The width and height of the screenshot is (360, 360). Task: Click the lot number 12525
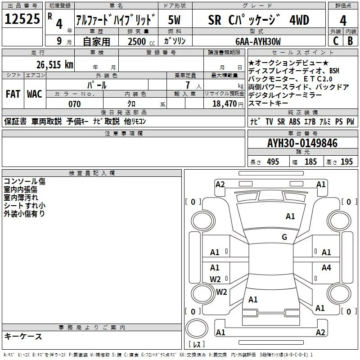click(x=22, y=18)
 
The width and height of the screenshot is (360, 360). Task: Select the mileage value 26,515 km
click(x=55, y=64)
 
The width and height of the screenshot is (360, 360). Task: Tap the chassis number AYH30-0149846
click(x=302, y=143)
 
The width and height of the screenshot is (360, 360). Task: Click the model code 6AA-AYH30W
click(x=258, y=41)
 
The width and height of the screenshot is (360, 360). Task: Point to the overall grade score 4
click(x=343, y=21)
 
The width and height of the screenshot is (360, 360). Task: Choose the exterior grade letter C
click(x=336, y=41)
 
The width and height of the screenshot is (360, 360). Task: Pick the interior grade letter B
click(x=350, y=41)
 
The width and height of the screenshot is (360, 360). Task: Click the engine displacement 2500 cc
click(x=141, y=41)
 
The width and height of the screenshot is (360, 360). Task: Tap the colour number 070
click(x=75, y=104)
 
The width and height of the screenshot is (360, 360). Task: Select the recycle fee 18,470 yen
click(x=228, y=104)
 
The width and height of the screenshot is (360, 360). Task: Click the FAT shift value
click(x=13, y=94)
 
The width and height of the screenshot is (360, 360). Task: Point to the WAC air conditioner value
click(x=35, y=94)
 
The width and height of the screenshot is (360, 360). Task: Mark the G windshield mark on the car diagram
click(x=284, y=237)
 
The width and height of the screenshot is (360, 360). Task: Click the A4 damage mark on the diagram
click(x=326, y=267)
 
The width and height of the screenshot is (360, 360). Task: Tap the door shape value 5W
click(x=174, y=20)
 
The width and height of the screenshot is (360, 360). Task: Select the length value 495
click(x=273, y=162)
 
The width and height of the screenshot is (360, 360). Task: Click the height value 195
click(x=346, y=162)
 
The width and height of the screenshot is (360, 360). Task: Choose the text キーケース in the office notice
click(x=23, y=336)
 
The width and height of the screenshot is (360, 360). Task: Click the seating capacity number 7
click(x=188, y=85)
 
